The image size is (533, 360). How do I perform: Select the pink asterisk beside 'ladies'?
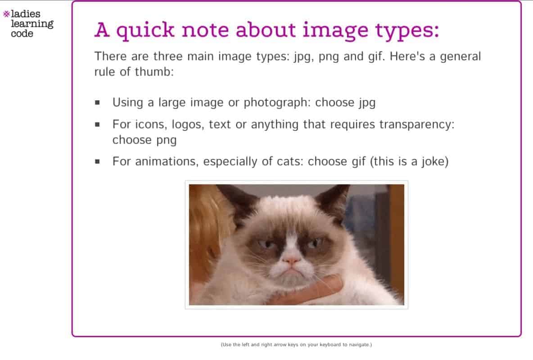pos(6,14)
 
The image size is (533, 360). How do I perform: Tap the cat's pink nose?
pos(292,261)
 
